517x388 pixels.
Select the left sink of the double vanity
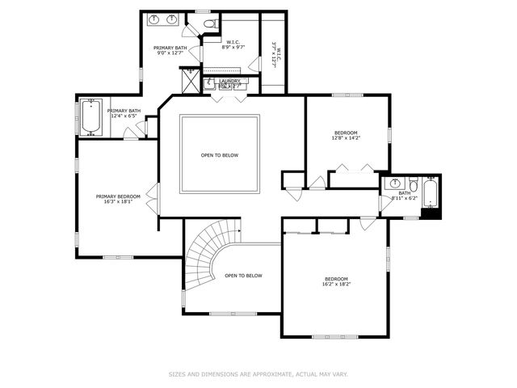coord(154,19)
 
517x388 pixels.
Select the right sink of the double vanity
coord(173,19)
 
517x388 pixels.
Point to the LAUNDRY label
coord(230,81)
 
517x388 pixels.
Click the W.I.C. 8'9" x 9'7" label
coord(233,45)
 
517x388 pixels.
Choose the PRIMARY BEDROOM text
coord(118,196)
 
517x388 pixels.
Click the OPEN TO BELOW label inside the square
coord(220,155)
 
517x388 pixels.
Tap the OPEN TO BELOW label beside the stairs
coord(243,276)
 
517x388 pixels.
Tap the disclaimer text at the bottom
coord(258,374)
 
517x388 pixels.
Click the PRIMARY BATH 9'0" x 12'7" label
coord(170,51)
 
